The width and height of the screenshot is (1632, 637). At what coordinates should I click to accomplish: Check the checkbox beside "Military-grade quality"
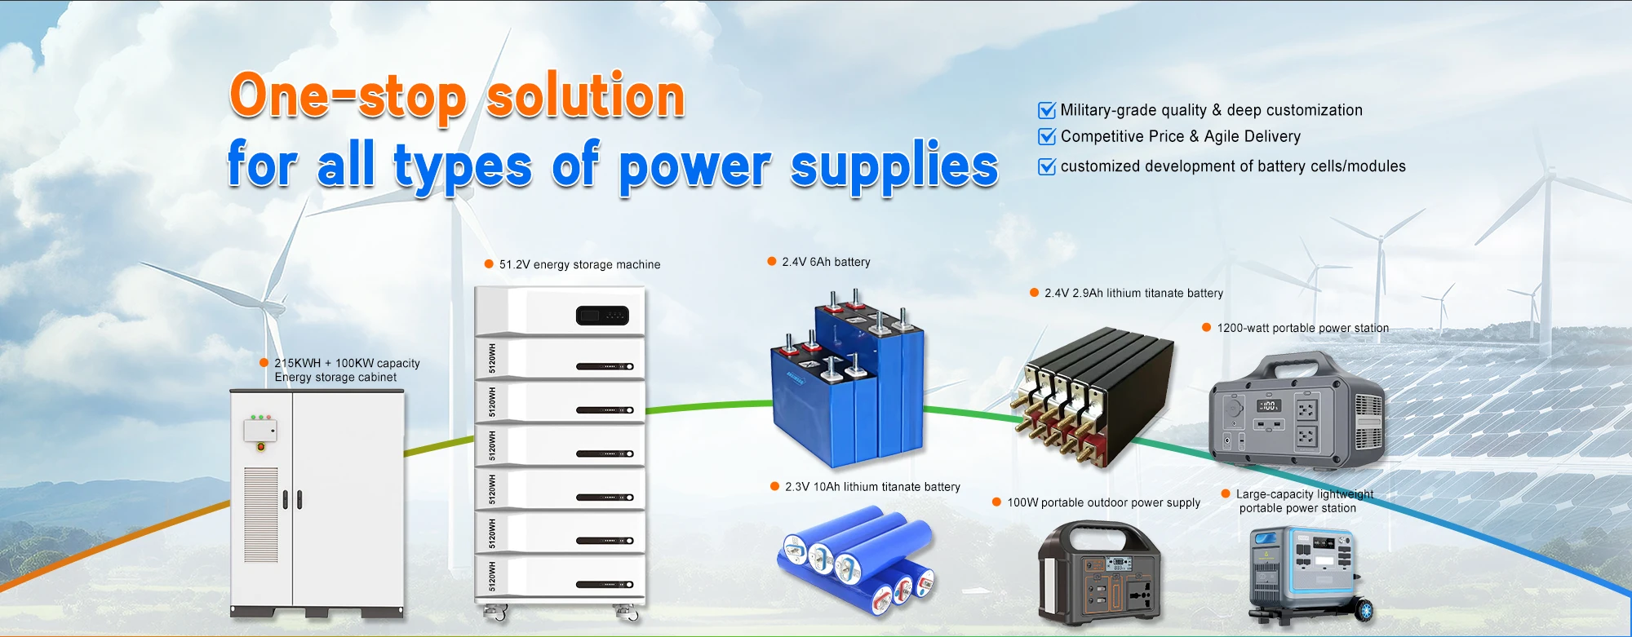click(1046, 110)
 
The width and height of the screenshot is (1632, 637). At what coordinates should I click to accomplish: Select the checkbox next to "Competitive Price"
click(1046, 136)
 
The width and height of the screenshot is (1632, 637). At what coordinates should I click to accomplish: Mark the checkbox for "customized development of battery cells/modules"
click(1046, 166)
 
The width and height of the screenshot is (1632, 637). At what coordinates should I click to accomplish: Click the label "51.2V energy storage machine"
click(579, 264)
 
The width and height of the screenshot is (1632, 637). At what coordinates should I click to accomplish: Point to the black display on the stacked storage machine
click(602, 315)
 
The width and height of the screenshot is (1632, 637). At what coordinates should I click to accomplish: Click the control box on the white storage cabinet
click(260, 430)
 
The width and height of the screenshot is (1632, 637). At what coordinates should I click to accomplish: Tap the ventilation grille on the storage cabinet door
click(261, 515)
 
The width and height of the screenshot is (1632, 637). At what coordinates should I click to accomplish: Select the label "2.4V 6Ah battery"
click(826, 262)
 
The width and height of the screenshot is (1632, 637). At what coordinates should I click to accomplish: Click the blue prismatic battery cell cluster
click(849, 383)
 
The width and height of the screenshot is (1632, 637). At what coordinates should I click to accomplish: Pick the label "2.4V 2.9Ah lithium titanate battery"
click(1133, 293)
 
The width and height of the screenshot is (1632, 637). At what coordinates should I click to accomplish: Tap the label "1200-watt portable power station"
click(1302, 328)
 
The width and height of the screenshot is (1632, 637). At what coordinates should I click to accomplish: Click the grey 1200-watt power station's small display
click(1268, 405)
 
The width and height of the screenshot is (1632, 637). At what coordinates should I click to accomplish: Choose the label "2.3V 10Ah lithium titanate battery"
click(872, 487)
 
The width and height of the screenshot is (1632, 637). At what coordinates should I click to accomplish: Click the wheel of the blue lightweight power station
click(1364, 610)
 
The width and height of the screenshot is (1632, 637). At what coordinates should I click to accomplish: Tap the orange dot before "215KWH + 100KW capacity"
click(264, 363)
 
